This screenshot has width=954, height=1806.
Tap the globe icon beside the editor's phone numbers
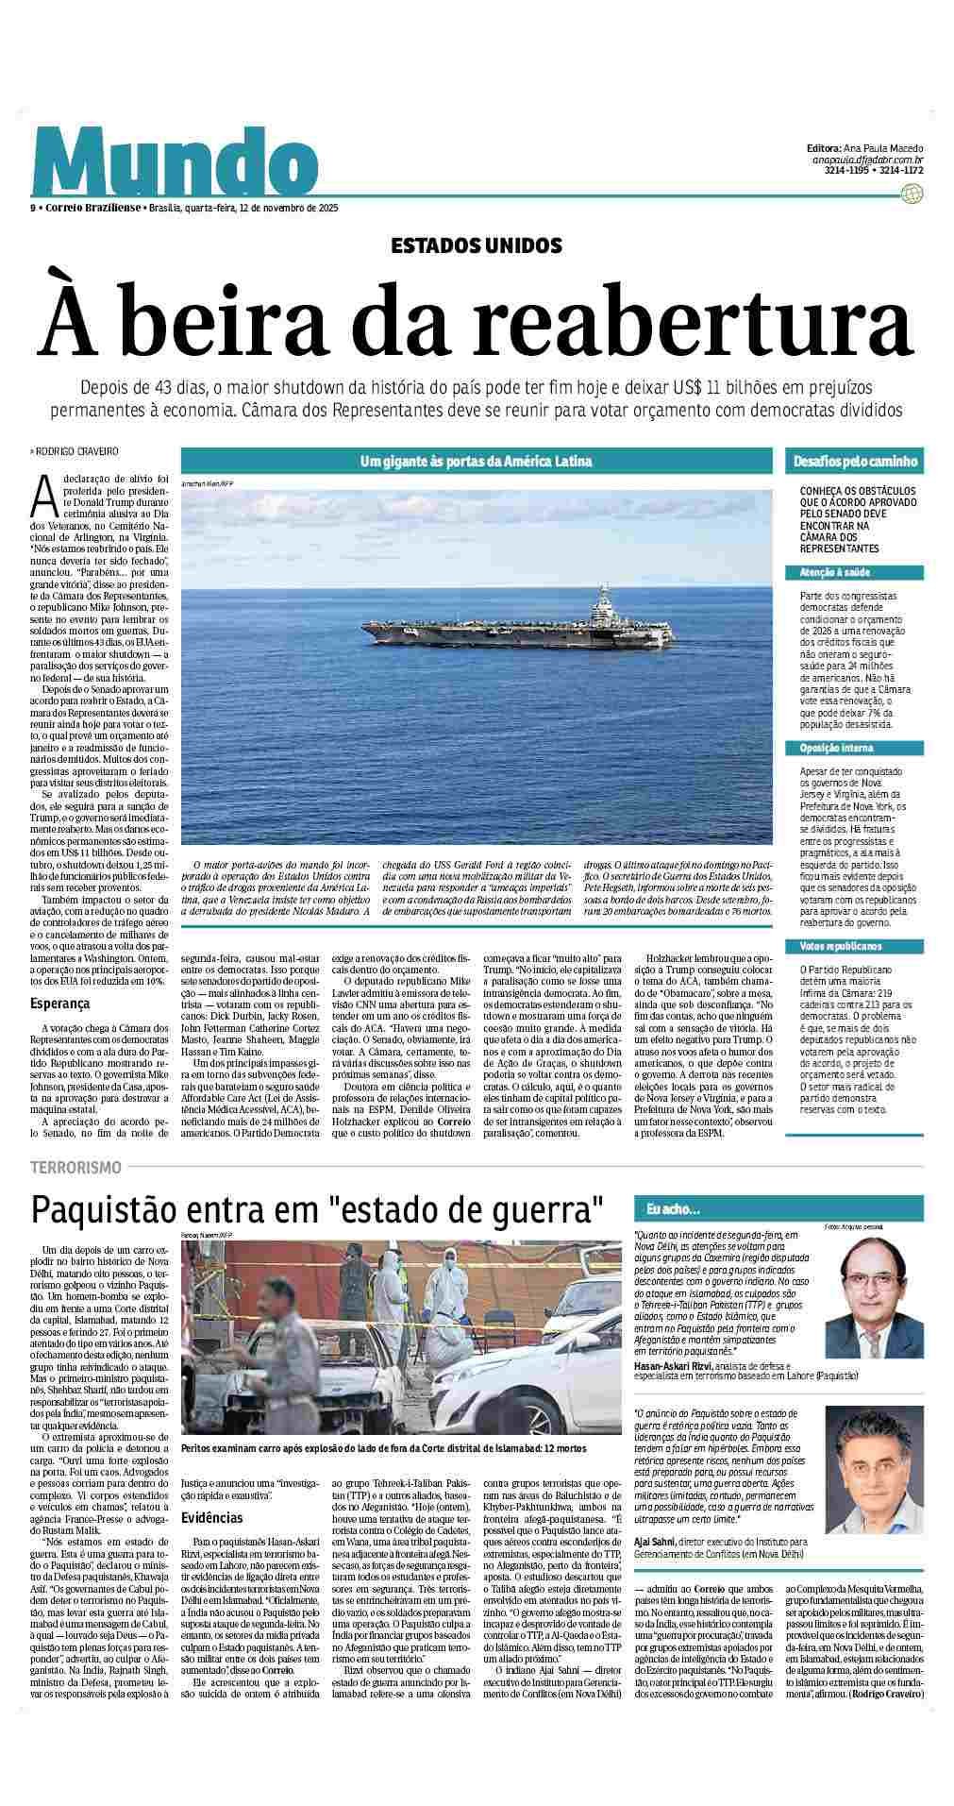[x=912, y=194]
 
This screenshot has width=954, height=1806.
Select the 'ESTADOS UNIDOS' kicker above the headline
[x=477, y=246]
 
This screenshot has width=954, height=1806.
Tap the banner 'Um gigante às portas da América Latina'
[x=476, y=462]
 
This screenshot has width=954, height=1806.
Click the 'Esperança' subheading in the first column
[x=59, y=1004]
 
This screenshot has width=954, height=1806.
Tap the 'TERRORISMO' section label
[x=75, y=1167]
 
